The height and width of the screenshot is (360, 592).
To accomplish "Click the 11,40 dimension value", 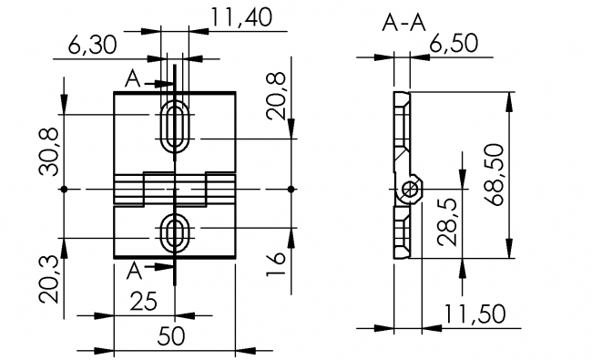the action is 240,17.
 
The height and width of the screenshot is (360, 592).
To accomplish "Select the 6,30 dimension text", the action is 93,45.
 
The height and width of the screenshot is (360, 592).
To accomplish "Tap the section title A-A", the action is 403,23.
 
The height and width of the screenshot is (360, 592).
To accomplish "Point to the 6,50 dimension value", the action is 454,43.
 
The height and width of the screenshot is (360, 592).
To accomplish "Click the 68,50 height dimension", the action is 495,174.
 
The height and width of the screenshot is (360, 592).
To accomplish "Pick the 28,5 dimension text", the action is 447,221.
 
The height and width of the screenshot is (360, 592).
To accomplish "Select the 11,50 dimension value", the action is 475,314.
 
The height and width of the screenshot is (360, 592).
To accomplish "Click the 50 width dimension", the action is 171,335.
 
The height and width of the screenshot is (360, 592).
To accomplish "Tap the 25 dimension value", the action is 144,302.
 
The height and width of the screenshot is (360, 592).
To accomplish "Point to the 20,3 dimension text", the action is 48,279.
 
